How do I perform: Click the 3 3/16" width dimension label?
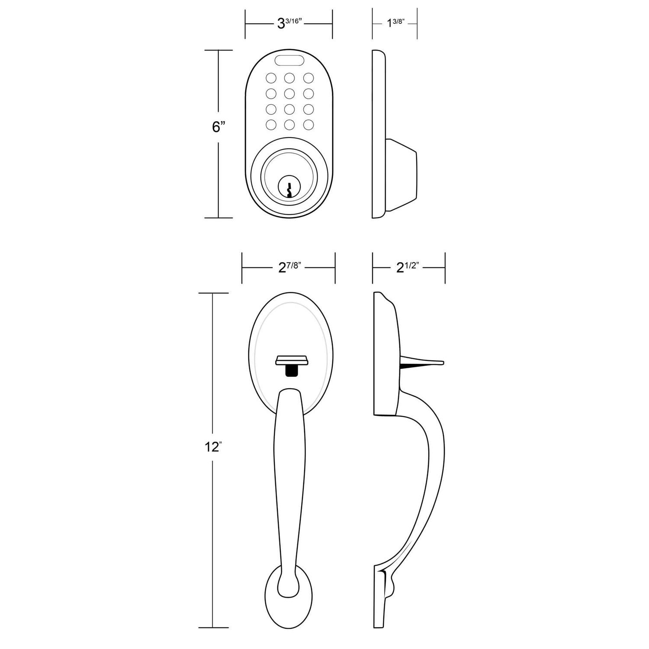pos(289,23)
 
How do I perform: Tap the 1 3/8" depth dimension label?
pos(395,23)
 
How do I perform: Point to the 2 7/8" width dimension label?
pos(289,267)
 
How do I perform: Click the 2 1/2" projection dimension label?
pos(409,267)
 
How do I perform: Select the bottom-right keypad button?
pos(308,125)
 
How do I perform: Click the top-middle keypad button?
pos(289,78)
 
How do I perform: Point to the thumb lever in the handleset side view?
pos(422,362)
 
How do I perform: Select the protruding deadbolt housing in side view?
pos(402,175)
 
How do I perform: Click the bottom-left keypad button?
pos(271,125)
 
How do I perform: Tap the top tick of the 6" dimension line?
pos(218,50)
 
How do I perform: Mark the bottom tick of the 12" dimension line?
pos(213,627)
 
